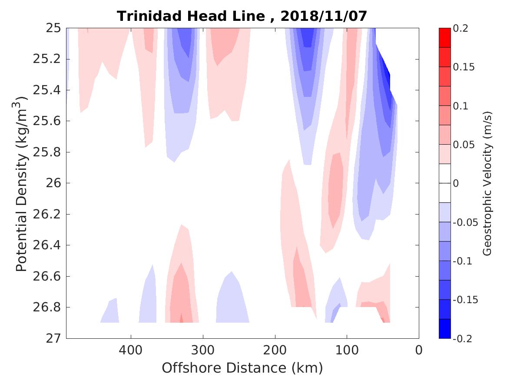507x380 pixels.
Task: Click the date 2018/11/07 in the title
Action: click(324, 16)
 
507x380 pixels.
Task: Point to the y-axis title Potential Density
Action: click(22, 185)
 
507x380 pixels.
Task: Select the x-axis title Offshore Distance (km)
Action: click(242, 368)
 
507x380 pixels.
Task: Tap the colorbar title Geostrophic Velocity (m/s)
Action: click(487, 183)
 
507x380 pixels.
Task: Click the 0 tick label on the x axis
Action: click(419, 350)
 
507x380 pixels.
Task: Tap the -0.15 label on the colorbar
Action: click(465, 300)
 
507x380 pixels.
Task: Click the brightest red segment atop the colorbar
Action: click(445, 38)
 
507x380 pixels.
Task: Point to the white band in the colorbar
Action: click(445, 183)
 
